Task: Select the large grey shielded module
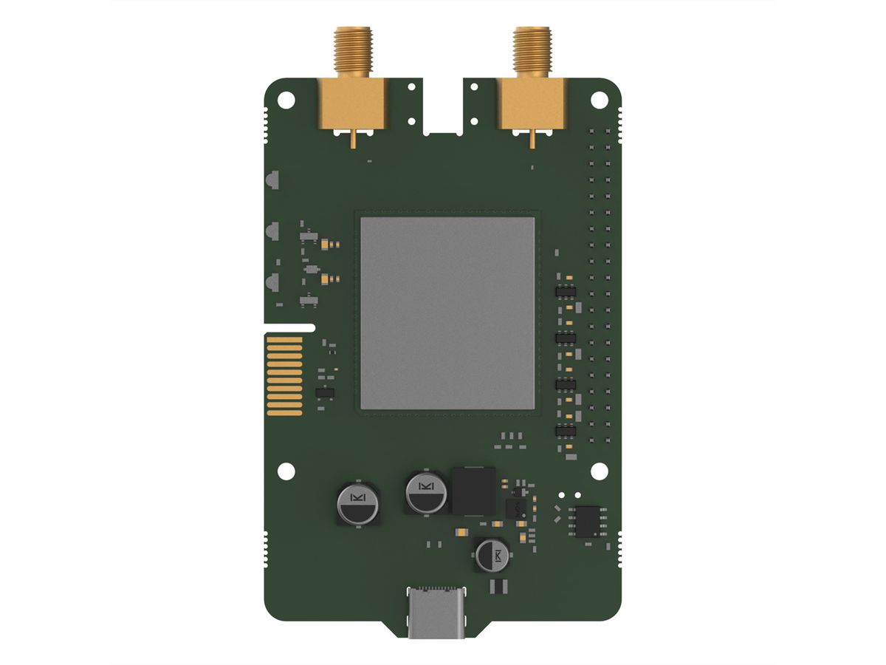pos(447,312)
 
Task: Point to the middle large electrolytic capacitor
pos(426,494)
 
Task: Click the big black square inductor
pos(473,490)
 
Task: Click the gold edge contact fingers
pos(285,376)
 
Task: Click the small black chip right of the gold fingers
pos(324,392)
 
